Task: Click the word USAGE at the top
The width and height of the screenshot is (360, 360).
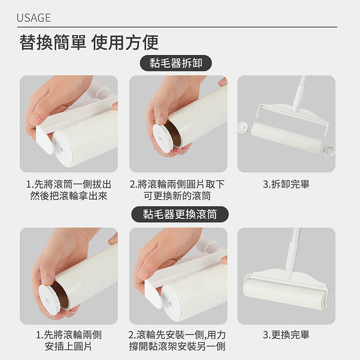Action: pos(34,18)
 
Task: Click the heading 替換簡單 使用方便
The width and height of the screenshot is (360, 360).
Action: pos(89,43)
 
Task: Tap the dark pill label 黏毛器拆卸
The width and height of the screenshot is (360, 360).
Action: pos(175,63)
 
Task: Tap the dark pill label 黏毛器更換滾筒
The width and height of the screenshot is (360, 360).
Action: pos(180,214)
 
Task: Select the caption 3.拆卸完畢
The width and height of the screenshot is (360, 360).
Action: pos(286,184)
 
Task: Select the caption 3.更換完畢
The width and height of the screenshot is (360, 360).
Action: pos(286,335)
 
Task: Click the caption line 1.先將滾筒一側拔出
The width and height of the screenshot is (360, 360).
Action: pos(69,184)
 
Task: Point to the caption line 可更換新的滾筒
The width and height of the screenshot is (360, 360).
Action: pos(177,196)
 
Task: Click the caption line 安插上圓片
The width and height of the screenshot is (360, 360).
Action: pos(68,346)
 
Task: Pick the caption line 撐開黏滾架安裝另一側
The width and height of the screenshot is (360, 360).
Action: pos(177,346)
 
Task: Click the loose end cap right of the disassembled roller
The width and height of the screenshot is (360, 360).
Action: pos(329,151)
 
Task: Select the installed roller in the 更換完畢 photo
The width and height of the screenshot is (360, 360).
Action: pos(285,294)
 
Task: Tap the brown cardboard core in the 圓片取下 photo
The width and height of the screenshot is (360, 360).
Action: pos(173,133)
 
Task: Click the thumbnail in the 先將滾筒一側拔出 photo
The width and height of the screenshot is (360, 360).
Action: pos(35,120)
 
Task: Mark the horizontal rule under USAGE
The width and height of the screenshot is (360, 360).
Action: pos(177,27)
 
